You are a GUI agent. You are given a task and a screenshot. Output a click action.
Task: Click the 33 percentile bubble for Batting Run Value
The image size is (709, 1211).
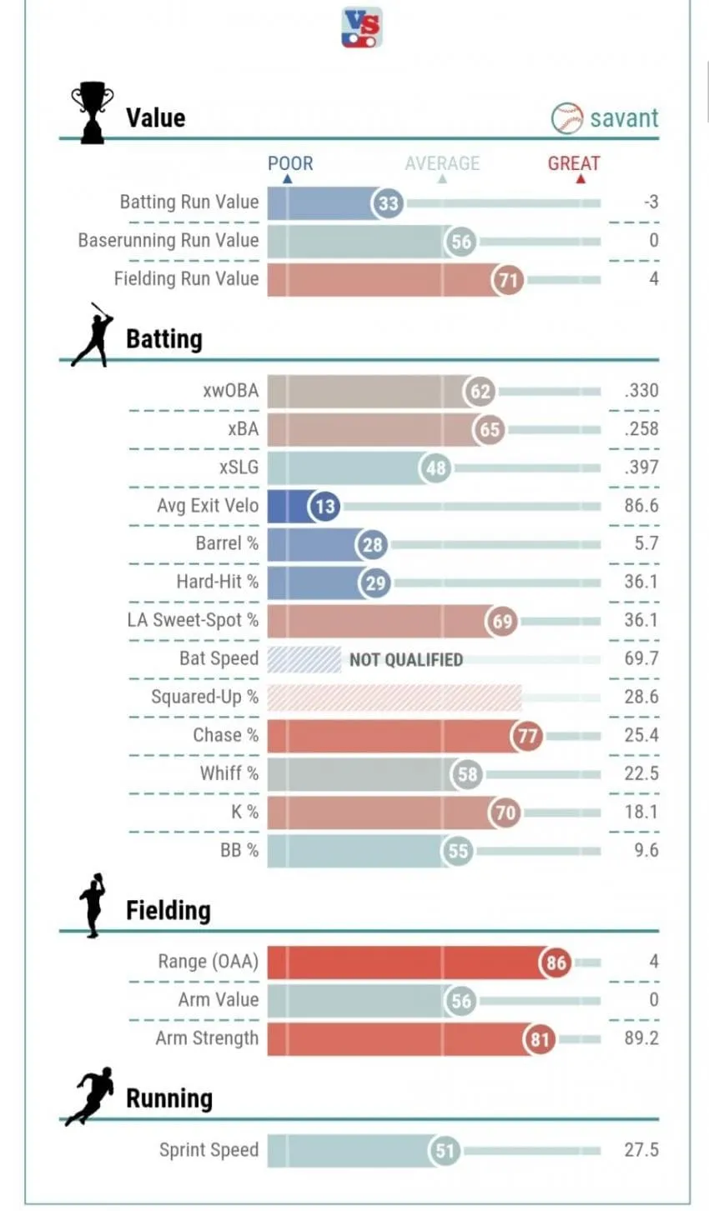coord(388,203)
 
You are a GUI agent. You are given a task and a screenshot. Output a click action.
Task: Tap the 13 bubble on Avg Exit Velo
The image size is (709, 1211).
coord(324,507)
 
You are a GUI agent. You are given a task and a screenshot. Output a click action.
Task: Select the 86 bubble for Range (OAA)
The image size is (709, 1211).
coord(556,963)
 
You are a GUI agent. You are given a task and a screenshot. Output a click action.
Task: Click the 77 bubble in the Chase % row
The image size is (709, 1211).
coord(526,736)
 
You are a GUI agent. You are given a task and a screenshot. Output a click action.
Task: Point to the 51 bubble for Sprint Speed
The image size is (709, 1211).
coord(445,1150)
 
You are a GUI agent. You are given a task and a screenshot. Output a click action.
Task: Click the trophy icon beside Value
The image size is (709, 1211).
coord(93,113)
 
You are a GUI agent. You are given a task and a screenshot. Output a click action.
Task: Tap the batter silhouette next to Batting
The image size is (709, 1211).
coord(93,335)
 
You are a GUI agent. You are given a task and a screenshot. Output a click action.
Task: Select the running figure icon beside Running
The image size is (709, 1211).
coord(90,1096)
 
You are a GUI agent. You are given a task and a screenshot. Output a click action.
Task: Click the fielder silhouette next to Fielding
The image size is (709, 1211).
coord(93,905)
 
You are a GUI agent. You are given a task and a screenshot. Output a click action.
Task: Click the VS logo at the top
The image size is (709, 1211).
coord(362,28)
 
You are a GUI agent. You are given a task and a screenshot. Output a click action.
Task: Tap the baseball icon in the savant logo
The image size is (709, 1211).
coord(566,118)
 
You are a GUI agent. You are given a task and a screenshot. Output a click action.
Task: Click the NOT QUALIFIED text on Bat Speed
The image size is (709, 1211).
coord(406,659)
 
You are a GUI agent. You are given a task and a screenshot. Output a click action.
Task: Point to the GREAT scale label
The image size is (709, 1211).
coord(574,163)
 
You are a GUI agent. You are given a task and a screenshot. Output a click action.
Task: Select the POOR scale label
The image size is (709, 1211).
coord(290,163)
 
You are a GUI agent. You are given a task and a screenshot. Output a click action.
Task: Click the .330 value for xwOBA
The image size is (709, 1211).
coord(641,390)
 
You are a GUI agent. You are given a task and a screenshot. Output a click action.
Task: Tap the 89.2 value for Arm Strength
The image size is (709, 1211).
coord(641,1038)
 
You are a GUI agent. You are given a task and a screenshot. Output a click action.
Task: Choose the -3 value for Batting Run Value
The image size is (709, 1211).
coord(651,203)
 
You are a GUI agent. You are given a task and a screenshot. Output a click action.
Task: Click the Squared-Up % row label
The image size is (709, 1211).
coord(204,697)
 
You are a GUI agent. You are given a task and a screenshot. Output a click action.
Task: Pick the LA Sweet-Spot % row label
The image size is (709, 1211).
coord(193,620)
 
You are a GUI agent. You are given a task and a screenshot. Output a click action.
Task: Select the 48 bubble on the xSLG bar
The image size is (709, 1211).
coord(435,468)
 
